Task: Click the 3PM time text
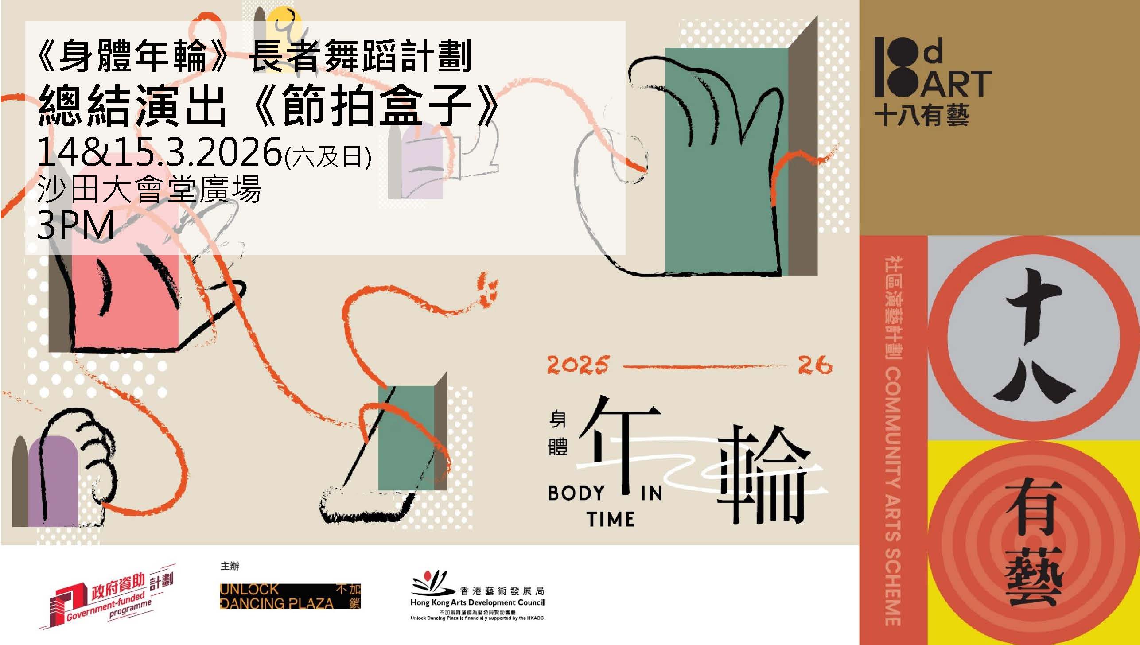click(x=76, y=225)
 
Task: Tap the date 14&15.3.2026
click(x=160, y=152)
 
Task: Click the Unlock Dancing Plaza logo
click(x=290, y=596)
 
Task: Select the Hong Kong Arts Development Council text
click(x=477, y=602)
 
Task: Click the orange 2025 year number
click(x=577, y=365)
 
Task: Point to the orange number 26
click(x=815, y=365)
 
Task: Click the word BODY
click(x=576, y=493)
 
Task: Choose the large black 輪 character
click(x=761, y=474)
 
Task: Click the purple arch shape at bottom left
click(x=53, y=481)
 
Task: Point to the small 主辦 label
click(x=230, y=566)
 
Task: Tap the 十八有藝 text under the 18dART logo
click(x=921, y=115)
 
